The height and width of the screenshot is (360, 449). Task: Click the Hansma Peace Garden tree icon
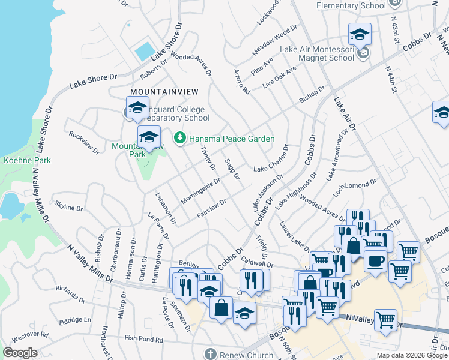pos(179,139)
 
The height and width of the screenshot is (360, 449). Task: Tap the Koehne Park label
pos(27,160)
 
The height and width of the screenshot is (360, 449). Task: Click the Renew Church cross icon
pos(209,354)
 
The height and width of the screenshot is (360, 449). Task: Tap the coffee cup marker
pos(376,261)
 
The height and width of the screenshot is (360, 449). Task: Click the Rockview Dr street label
pos(83,143)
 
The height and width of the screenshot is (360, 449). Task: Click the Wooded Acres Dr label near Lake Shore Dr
pos(191,65)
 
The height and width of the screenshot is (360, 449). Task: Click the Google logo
pos(20,353)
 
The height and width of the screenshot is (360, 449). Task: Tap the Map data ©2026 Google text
pos(412,355)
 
